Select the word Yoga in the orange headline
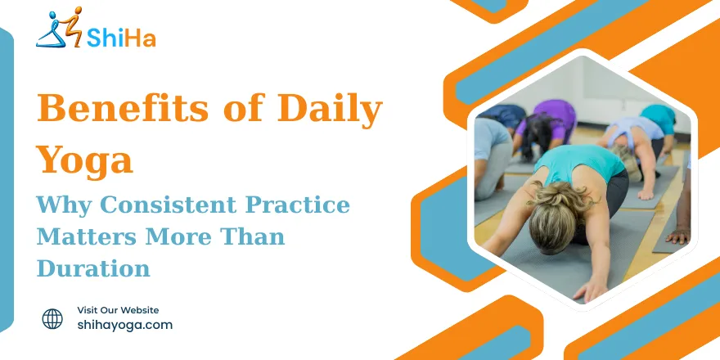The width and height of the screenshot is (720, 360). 84,160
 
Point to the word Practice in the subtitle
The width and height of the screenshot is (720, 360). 298,205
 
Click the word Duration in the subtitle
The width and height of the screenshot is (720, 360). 93,268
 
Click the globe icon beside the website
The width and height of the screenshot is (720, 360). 52,318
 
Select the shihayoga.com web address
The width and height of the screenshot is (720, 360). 125,325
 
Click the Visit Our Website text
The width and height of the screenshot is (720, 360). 118,310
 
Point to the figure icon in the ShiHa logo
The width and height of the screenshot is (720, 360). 59,27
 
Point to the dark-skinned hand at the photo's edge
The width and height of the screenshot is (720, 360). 678,236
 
